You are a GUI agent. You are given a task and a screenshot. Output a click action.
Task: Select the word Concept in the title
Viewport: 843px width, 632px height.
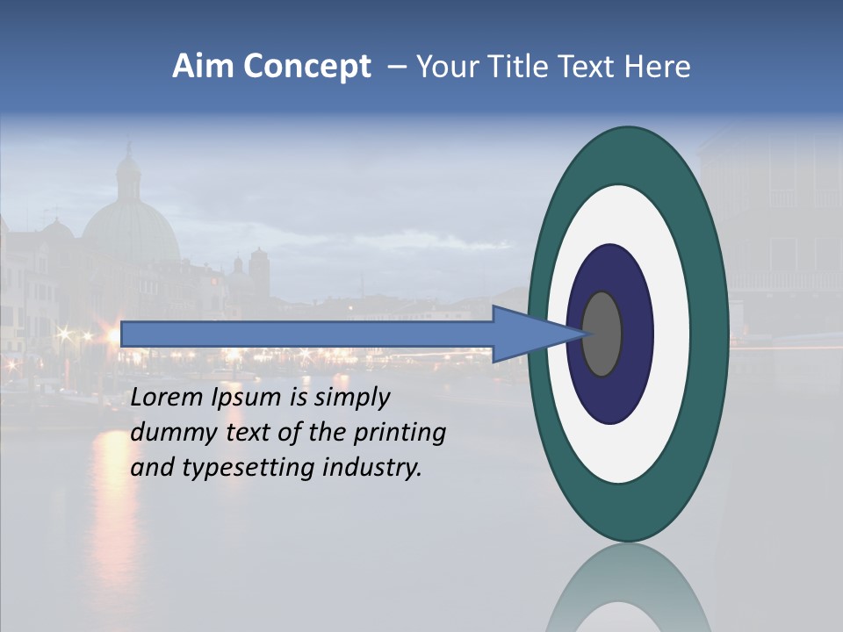pos(307,68)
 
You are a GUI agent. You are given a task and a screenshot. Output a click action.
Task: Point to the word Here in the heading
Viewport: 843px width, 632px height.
pos(658,67)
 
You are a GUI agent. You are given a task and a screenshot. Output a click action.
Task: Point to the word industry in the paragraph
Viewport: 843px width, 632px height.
pos(372,468)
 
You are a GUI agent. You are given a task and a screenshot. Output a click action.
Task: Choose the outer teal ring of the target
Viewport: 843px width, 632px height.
pos(711,334)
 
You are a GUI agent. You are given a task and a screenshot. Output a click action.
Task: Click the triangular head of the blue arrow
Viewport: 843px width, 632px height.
pos(527,334)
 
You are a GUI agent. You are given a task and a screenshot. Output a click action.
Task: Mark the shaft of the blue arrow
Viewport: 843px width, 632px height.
pos(307,334)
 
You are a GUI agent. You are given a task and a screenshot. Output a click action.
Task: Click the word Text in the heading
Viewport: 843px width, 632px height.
pos(587,67)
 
